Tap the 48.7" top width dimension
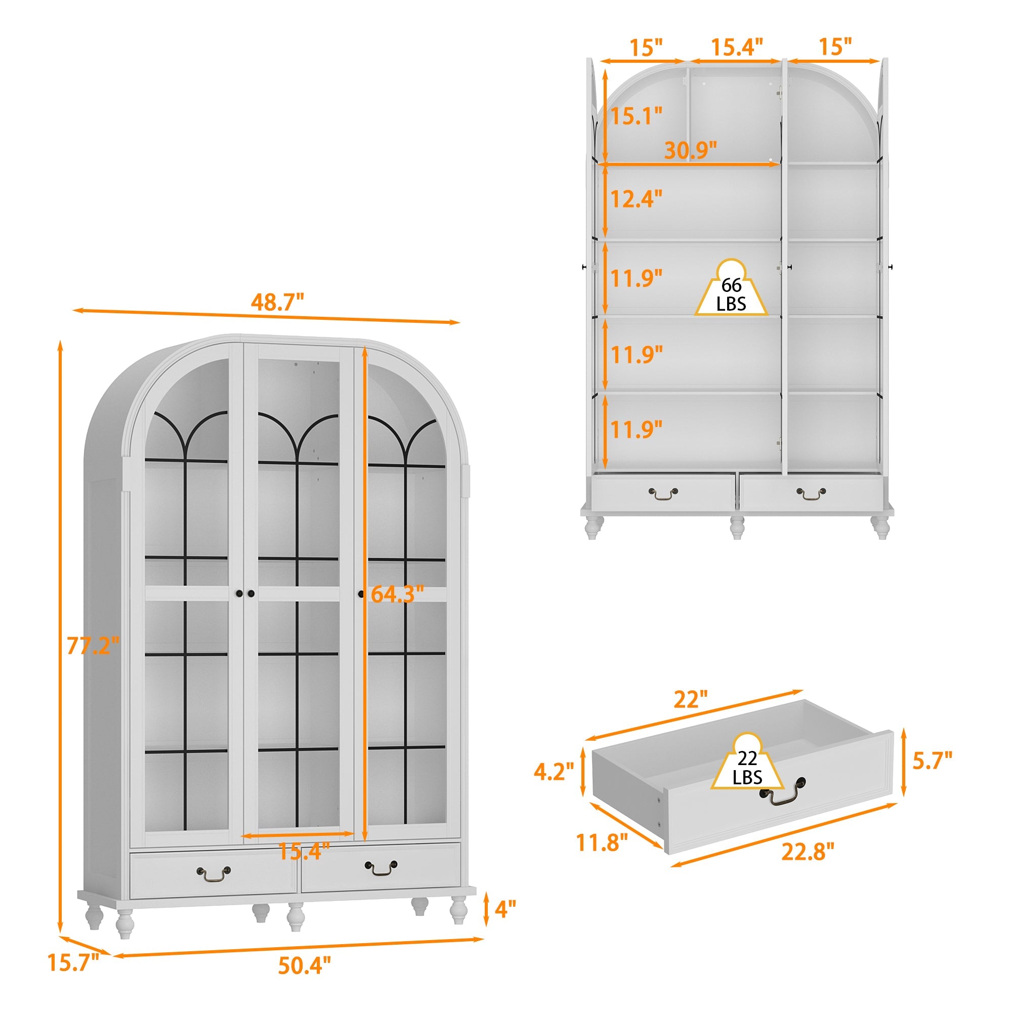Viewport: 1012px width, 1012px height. click(x=277, y=302)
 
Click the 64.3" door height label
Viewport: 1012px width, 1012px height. click(x=397, y=594)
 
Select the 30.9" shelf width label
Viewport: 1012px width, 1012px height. click(x=690, y=150)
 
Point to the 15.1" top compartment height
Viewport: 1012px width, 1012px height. click(x=637, y=116)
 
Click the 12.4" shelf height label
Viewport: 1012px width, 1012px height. click(x=637, y=199)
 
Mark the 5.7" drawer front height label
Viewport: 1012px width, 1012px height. click(x=933, y=760)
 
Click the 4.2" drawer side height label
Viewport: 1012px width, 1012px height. click(x=554, y=772)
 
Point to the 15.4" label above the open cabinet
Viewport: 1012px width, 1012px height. click(x=736, y=47)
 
